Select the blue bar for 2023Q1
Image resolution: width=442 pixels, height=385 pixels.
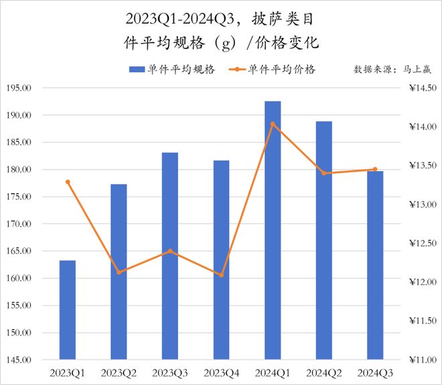point(68,310)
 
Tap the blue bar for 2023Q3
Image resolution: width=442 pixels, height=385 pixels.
point(170,256)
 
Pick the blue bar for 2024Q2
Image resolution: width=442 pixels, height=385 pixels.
point(324,240)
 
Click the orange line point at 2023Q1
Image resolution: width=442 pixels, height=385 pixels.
point(68,182)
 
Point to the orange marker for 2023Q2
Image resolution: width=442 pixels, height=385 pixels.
point(119,272)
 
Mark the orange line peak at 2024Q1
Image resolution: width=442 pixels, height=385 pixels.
point(273,124)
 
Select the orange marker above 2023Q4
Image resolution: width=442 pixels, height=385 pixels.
point(222,275)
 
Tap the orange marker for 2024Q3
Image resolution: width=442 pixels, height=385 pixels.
point(375,170)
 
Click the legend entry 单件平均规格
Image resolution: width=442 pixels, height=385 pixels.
point(172,70)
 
